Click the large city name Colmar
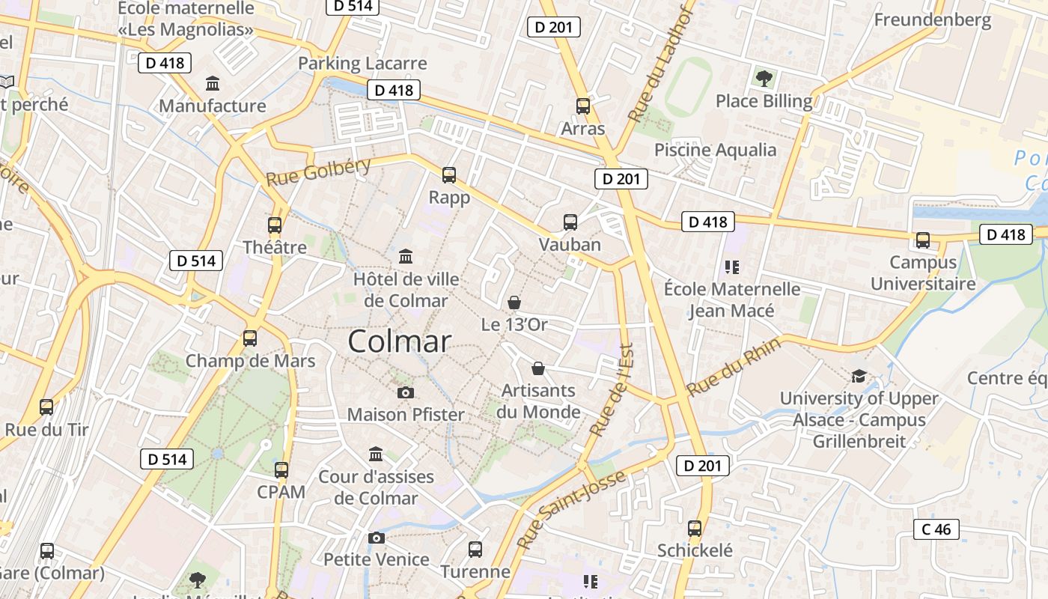click(399, 341)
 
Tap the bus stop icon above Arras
click(583, 106)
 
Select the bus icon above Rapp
click(449, 175)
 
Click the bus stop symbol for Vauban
click(570, 222)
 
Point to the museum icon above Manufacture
click(213, 83)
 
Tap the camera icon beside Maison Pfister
click(406, 392)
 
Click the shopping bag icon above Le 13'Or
click(514, 302)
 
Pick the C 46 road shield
click(936, 529)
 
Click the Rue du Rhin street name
click(734, 367)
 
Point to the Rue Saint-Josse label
click(571, 509)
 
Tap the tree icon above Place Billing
click(764, 78)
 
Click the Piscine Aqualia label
click(715, 150)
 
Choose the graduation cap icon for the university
click(859, 376)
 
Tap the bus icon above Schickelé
click(695, 528)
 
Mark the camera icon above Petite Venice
click(377, 538)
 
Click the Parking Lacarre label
click(362, 64)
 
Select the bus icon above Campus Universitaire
click(923, 240)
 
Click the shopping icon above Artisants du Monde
click(538, 368)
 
